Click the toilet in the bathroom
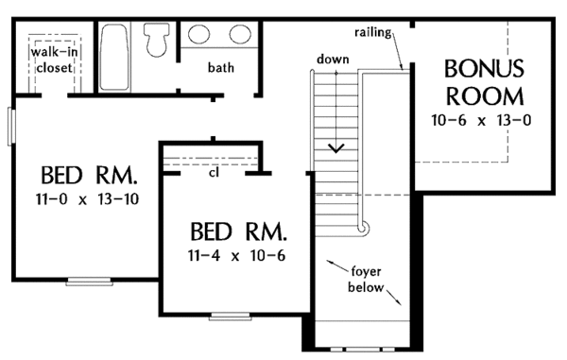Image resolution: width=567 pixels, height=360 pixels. pos(157,40)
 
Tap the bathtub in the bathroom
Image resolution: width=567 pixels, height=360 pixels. pos(113,57)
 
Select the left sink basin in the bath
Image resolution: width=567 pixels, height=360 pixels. pos(198,34)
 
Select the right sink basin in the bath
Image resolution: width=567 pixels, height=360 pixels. pos(240,34)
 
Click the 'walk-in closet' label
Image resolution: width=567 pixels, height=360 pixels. pos(54,60)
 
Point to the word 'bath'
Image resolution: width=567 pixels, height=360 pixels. pos(220,67)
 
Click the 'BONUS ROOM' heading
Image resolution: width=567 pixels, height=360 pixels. pos(484,82)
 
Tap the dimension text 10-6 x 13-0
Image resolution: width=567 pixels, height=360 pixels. pos(481,120)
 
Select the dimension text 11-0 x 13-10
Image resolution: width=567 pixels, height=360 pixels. pos(87,199)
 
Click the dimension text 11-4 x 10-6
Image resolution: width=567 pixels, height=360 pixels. pos(237,256)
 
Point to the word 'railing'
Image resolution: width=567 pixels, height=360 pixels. pos(373,32)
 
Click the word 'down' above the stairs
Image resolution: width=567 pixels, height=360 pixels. pos(333,59)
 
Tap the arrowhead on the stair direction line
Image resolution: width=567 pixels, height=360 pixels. pos(335,148)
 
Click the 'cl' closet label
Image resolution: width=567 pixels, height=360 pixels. pos(214,173)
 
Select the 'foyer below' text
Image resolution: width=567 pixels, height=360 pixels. pos(366,280)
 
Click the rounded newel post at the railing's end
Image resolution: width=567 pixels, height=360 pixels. pos(363,228)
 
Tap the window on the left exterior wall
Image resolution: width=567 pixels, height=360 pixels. pos(11,127)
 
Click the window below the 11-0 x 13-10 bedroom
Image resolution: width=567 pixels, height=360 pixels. pos(89,282)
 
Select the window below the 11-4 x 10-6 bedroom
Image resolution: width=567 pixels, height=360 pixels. pos(231,317)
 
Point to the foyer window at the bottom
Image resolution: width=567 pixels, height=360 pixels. pos(362,350)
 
